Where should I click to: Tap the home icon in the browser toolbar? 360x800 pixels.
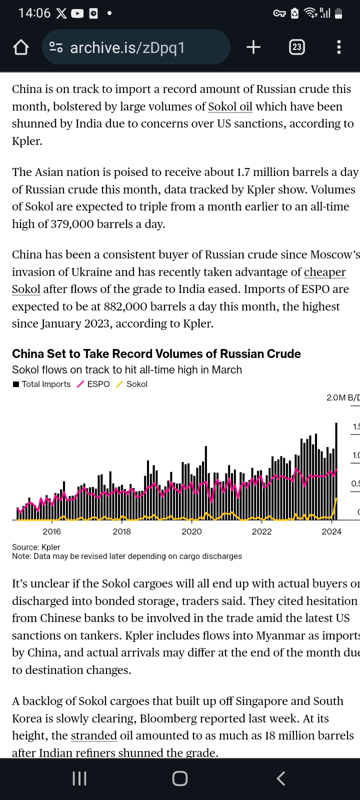tap(21, 47)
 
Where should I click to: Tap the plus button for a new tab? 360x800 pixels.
tap(253, 47)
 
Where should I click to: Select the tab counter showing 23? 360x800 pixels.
tap(297, 47)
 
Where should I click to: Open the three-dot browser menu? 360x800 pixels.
tap(339, 47)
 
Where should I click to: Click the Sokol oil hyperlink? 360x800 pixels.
tap(230, 106)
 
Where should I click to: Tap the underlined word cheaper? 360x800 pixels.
tap(325, 272)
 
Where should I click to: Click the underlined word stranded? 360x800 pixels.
tap(93, 735)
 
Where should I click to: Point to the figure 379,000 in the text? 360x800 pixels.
tap(72, 224)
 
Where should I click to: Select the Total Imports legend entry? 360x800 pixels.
tap(42, 384)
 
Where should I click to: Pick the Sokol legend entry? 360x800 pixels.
tap(132, 384)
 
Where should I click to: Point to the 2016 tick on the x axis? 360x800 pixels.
tap(52, 531)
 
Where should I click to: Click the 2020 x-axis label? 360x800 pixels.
tap(191, 531)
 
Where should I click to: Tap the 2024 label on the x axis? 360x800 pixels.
tap(331, 531)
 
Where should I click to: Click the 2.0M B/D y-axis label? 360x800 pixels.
tap(342, 397)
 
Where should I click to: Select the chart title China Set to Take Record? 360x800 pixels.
tap(156, 354)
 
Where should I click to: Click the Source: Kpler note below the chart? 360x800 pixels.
tap(36, 547)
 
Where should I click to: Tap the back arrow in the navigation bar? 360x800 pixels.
tap(281, 778)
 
